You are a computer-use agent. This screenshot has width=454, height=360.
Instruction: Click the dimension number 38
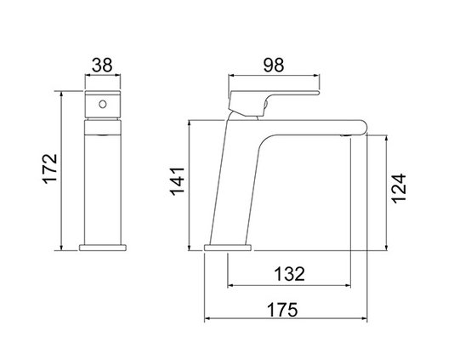click(102, 66)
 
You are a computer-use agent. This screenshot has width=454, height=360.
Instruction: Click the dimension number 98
click(274, 66)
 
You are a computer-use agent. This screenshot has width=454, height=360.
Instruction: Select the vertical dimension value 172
click(50, 169)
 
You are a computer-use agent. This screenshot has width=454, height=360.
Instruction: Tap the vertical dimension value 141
click(177, 181)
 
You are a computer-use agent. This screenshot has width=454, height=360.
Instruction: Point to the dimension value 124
click(399, 188)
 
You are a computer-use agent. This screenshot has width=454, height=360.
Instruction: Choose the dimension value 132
click(289, 274)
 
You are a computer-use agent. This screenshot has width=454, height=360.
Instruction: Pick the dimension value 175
click(281, 310)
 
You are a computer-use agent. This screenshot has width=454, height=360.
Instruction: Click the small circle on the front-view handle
click(103, 104)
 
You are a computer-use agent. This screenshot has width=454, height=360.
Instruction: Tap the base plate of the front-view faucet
click(103, 248)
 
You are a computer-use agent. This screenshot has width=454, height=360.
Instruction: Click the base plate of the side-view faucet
click(228, 248)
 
